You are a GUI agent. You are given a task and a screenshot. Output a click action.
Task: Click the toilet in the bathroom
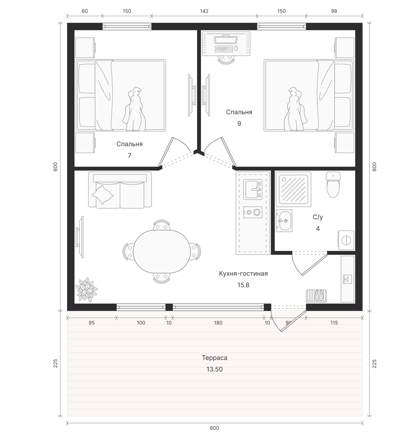tap(333, 185)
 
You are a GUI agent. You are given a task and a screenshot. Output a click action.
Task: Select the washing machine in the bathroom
tap(346, 240)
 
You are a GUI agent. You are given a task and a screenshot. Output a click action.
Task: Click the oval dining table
tap(162, 251)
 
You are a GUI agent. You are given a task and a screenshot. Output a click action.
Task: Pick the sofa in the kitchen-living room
tap(120, 190)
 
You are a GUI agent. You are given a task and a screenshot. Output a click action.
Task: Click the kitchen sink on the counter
tap(253, 190)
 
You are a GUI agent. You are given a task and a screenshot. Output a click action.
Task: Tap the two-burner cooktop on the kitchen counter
tap(253, 212)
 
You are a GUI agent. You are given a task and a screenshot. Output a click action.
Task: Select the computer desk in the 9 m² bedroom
tap(226, 44)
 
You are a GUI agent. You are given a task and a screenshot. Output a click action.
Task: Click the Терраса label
tap(215, 358)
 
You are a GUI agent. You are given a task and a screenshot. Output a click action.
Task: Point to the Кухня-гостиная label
tap(243, 274)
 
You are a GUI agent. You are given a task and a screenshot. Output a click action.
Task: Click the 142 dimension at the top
tap(204, 11)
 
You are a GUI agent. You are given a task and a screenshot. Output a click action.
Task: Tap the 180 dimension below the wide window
tap(218, 323)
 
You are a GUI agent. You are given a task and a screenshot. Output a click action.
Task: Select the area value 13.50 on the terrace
tap(215, 369)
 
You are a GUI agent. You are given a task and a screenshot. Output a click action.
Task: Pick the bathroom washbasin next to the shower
tap(284, 221)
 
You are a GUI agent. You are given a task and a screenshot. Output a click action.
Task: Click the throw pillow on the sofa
tap(102, 195)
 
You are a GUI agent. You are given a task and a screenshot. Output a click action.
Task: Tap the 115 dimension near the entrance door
tap(334, 323)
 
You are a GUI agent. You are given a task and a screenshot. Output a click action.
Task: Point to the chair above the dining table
tap(162, 225)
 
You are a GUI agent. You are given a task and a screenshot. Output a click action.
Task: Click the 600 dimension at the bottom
tap(214, 428)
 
